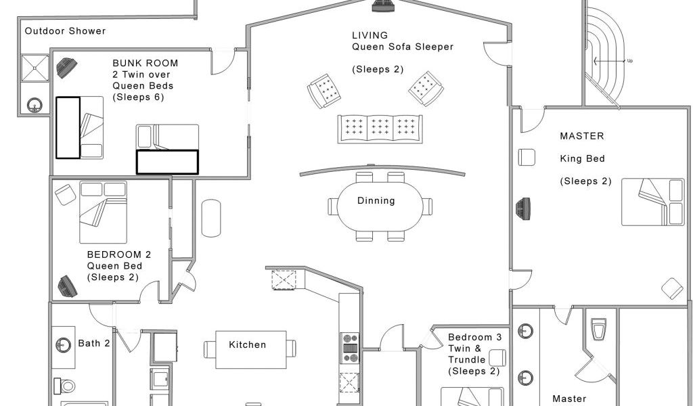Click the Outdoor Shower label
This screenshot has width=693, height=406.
(65, 31)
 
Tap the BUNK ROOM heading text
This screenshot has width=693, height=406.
(146, 63)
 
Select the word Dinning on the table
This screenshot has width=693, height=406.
(376, 200)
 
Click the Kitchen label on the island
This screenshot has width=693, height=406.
(248, 344)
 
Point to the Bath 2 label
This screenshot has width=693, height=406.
(94, 343)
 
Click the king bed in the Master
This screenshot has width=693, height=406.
(653, 202)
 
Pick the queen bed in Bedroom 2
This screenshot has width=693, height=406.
(103, 212)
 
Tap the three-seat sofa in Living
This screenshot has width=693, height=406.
(380, 129)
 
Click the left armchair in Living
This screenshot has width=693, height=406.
(324, 91)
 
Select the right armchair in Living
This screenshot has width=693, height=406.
(426, 89)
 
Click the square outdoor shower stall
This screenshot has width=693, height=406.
(35, 68)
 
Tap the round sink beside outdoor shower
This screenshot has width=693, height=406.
(35, 105)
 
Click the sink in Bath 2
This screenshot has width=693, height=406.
(63, 345)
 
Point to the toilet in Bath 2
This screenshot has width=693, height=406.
(64, 386)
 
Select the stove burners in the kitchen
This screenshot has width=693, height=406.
(351, 348)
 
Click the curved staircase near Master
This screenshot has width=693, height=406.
(604, 55)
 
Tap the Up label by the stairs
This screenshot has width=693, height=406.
(630, 60)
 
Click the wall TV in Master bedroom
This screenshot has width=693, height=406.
(523, 208)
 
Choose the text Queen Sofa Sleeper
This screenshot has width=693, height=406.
(403, 47)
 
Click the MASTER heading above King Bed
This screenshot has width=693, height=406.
(581, 136)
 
